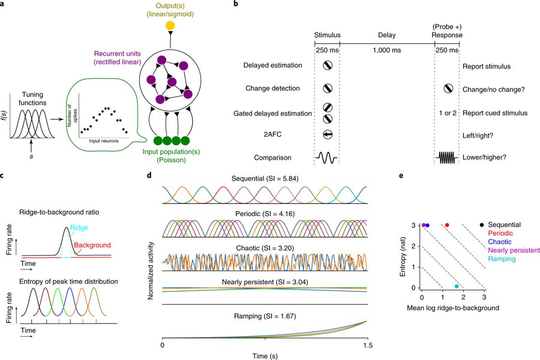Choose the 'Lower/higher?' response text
(484, 158)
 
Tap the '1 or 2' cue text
(447, 113)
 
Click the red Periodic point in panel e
(447, 224)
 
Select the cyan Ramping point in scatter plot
(457, 286)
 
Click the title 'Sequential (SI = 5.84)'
(265, 179)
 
